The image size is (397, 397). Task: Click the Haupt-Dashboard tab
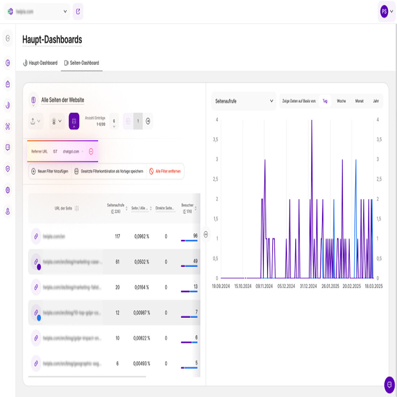coord(40,63)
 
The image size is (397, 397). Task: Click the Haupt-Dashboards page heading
coord(52,40)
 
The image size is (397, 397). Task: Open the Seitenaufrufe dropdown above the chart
coord(244,101)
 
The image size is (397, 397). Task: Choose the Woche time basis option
coord(341,101)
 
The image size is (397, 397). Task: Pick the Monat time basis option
coord(359,101)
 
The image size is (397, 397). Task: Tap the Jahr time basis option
coord(376,101)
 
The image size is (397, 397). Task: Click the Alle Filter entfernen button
coord(165,171)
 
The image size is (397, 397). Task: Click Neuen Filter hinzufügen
coord(49,171)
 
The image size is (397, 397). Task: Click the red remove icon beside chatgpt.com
coord(91,152)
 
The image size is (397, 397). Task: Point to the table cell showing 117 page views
coord(117,236)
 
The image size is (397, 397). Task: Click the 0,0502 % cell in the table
coord(141,262)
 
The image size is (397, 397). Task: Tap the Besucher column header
coord(187,208)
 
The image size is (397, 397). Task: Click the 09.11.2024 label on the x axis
coord(264,286)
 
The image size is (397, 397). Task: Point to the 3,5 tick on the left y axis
coord(215,139)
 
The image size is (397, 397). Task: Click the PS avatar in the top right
coord(384,12)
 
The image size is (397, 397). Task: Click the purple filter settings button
coord(74,121)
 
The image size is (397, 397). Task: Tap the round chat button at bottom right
coord(389,385)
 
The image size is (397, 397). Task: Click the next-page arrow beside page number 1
coord(148,121)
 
